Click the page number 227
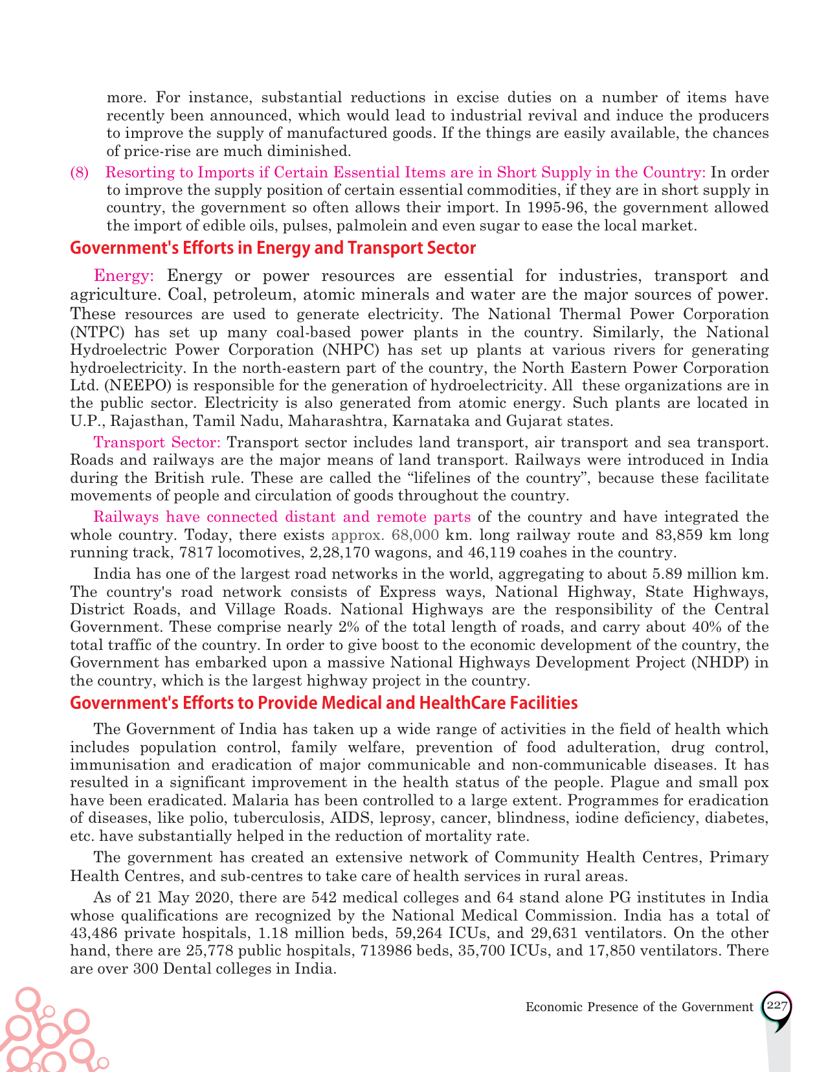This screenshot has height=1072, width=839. point(776,1006)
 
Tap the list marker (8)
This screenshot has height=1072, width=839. point(79,173)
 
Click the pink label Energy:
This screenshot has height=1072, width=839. point(124,276)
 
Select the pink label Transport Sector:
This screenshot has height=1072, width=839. point(157,443)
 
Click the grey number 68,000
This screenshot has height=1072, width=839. point(416,535)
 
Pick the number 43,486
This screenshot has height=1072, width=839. point(94,933)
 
